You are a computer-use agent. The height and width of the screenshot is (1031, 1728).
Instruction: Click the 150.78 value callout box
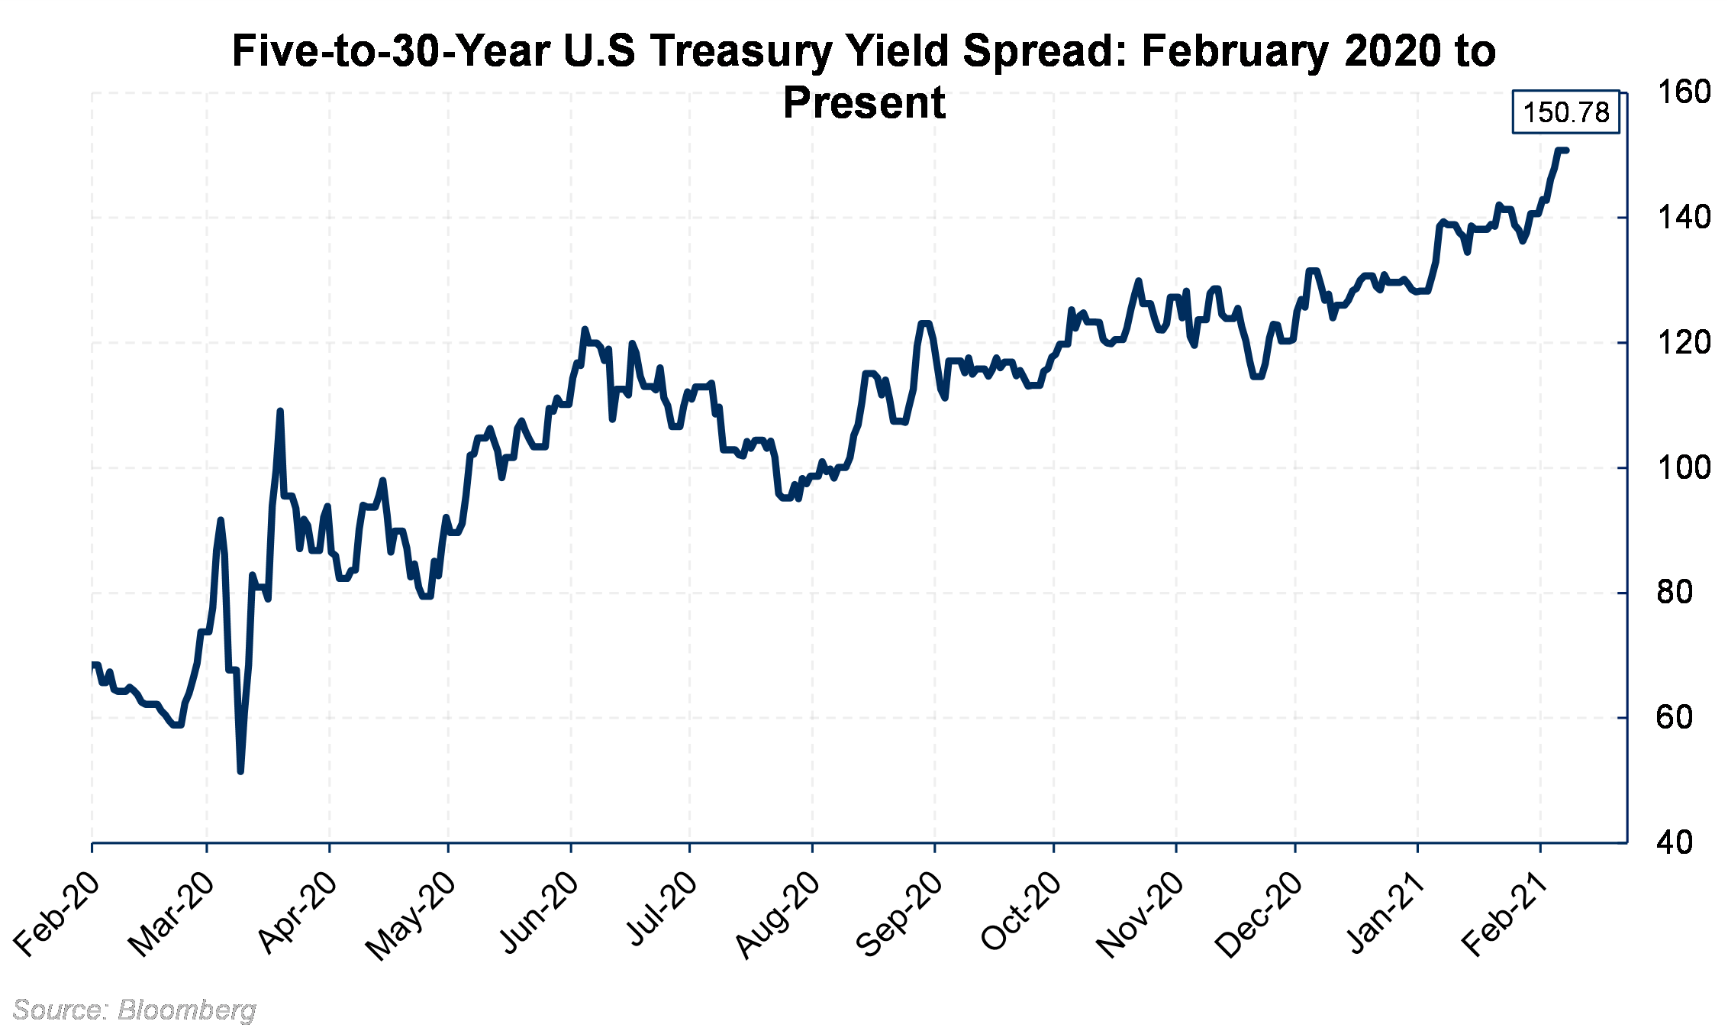tap(1565, 113)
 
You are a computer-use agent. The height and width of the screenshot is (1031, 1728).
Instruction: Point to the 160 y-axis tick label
tap(1684, 92)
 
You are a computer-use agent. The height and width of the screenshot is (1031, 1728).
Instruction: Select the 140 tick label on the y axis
tap(1684, 218)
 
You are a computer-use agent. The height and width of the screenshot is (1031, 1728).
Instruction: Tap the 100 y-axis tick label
tap(1684, 467)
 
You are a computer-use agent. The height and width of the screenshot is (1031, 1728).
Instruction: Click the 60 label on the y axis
tap(1675, 717)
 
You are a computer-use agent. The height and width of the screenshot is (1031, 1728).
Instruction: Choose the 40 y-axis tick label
tap(1675, 842)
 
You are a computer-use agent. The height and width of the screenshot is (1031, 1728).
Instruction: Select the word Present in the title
tap(864, 102)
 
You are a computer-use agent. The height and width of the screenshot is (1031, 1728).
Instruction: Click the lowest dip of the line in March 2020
tap(240, 771)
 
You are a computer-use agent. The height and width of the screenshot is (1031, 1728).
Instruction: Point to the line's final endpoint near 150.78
tap(1566, 150)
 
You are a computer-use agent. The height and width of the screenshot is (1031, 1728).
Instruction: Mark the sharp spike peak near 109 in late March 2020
tap(280, 411)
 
